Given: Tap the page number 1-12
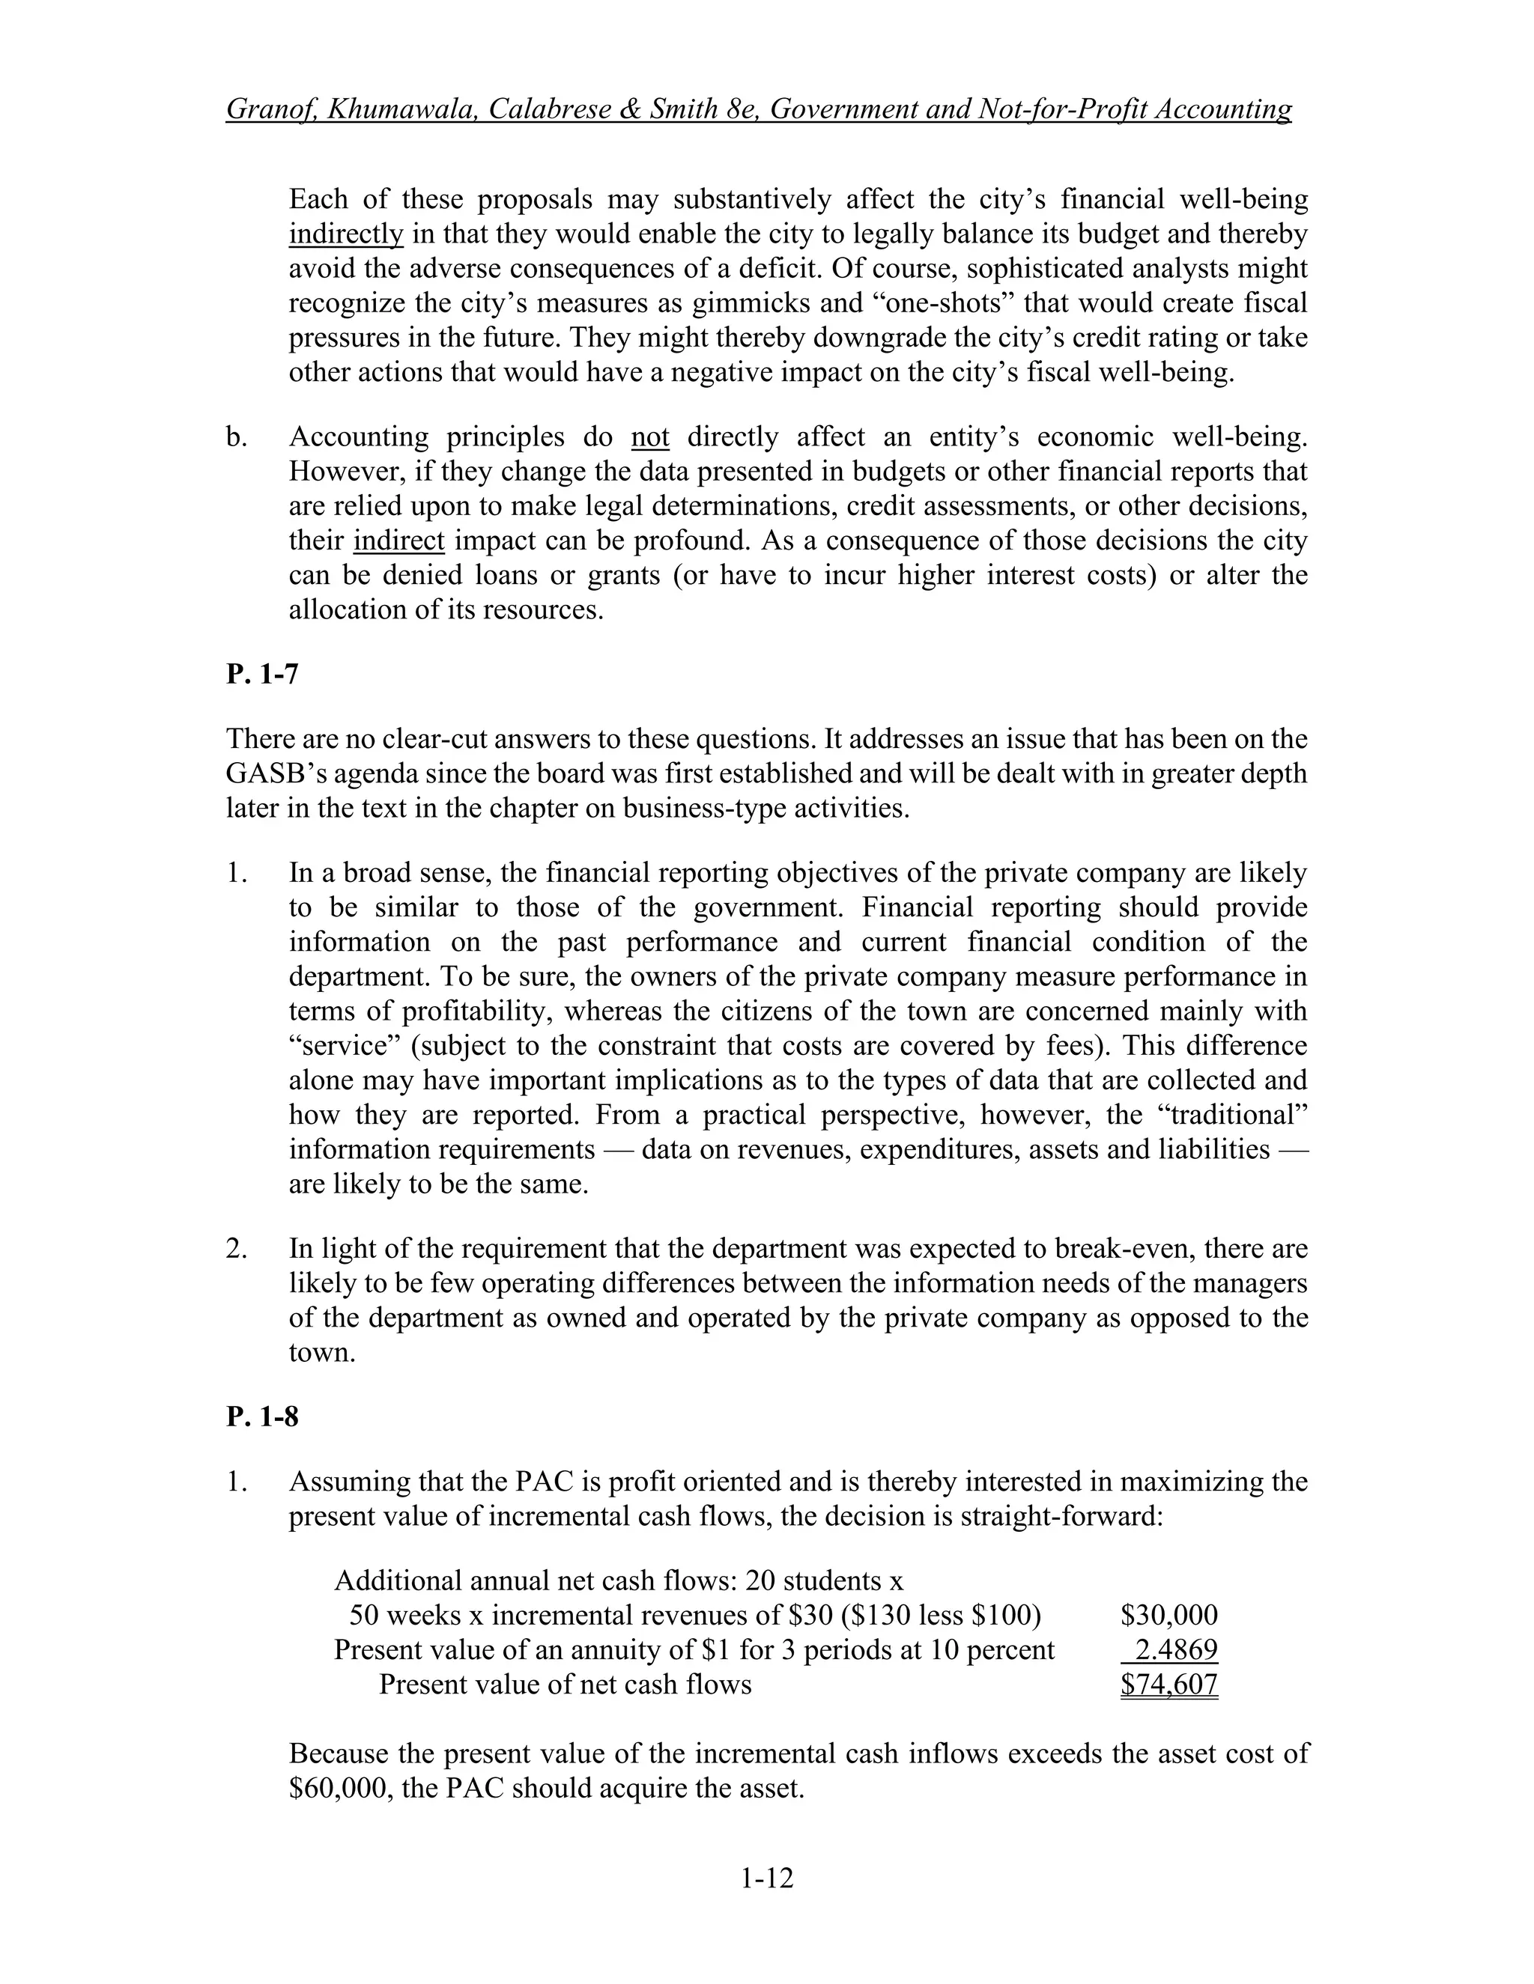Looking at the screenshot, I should click(x=766, y=1878).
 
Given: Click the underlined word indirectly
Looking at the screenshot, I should click(x=345, y=234).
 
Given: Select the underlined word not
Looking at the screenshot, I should click(x=649, y=437).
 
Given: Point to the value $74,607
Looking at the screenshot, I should click(x=1168, y=1685).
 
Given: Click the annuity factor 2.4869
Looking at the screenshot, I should click(x=1176, y=1649).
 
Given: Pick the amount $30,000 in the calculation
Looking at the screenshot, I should click(x=1168, y=1615).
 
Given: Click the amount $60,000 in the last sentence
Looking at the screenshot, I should click(x=340, y=1789).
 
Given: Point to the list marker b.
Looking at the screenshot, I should click(x=236, y=437).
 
